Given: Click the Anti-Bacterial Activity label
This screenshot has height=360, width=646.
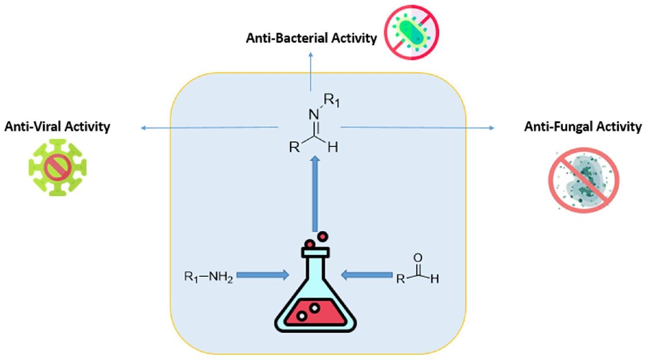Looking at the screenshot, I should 311,38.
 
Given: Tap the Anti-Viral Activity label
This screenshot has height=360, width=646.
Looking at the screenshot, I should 57,126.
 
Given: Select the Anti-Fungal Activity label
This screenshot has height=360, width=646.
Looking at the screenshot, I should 583,126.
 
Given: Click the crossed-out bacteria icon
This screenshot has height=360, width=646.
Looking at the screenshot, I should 412,32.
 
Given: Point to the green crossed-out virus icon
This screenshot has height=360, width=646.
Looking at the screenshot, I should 58,167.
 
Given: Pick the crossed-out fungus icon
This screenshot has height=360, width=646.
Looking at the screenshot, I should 584,180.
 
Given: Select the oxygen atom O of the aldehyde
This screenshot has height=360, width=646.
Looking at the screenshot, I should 417,258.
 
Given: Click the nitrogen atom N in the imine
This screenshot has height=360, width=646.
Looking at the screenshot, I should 314,115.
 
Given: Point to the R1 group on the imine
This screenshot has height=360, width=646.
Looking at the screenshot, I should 332,101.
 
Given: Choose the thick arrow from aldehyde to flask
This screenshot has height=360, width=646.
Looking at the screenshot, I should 367,275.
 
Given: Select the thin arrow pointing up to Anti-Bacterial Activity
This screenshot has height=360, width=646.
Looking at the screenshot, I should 310,71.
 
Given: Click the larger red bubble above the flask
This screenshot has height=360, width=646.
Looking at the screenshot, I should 323,237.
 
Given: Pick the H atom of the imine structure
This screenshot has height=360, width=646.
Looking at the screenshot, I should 333,148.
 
